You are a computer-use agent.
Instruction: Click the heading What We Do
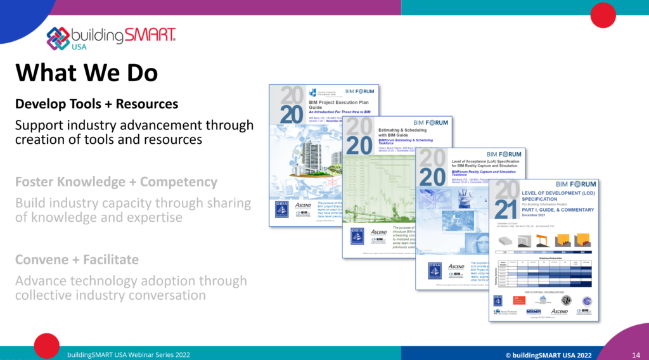point(87,72)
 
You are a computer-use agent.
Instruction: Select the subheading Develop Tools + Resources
point(96,103)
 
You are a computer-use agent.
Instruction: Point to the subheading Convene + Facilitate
point(77,260)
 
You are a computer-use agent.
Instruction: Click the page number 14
point(635,355)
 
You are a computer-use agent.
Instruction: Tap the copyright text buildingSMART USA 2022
point(548,355)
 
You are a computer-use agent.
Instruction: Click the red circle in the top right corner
point(603,15)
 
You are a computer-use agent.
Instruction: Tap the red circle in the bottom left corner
point(46,346)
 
